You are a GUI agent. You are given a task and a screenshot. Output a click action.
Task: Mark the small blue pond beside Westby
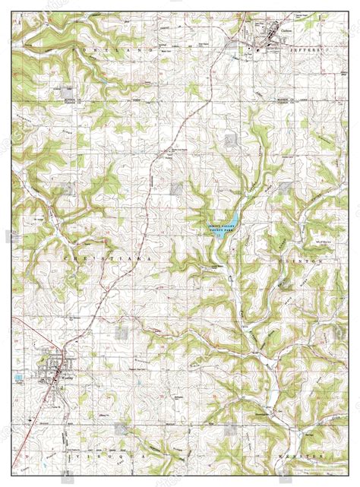click(x=17, y=376)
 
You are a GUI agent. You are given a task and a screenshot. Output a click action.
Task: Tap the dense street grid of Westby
click(x=52, y=368)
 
